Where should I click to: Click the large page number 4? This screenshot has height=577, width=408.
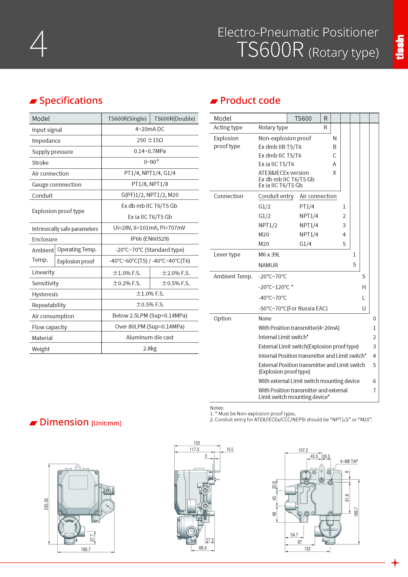[x=38, y=44]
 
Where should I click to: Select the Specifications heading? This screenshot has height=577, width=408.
[x=71, y=100]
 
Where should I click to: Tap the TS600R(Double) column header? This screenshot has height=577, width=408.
[x=174, y=119]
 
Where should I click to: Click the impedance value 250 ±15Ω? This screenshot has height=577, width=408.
[x=150, y=140]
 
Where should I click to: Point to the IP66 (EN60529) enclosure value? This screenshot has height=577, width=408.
[x=150, y=239]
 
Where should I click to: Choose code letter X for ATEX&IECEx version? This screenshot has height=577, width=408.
[x=334, y=173]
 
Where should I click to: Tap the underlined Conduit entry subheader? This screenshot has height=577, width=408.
[x=276, y=196]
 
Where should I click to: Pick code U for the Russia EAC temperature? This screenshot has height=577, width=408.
[x=364, y=308]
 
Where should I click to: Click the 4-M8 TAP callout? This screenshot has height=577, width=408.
[x=349, y=461]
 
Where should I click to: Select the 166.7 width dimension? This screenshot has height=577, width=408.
[x=86, y=549]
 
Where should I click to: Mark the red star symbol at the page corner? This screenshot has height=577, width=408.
[x=395, y=563]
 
